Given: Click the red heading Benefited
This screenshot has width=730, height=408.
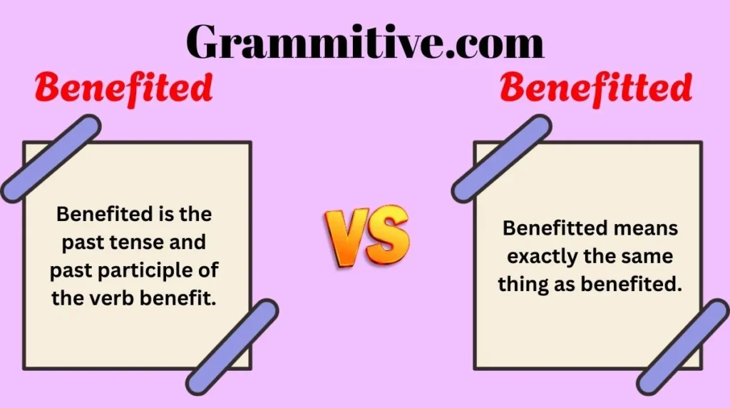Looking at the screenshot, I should pyautogui.click(x=124, y=88).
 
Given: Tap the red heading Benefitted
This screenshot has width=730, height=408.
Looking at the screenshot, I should pyautogui.click(x=596, y=88).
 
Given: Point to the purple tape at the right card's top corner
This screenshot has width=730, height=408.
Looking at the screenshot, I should pyautogui.click(x=501, y=158).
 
